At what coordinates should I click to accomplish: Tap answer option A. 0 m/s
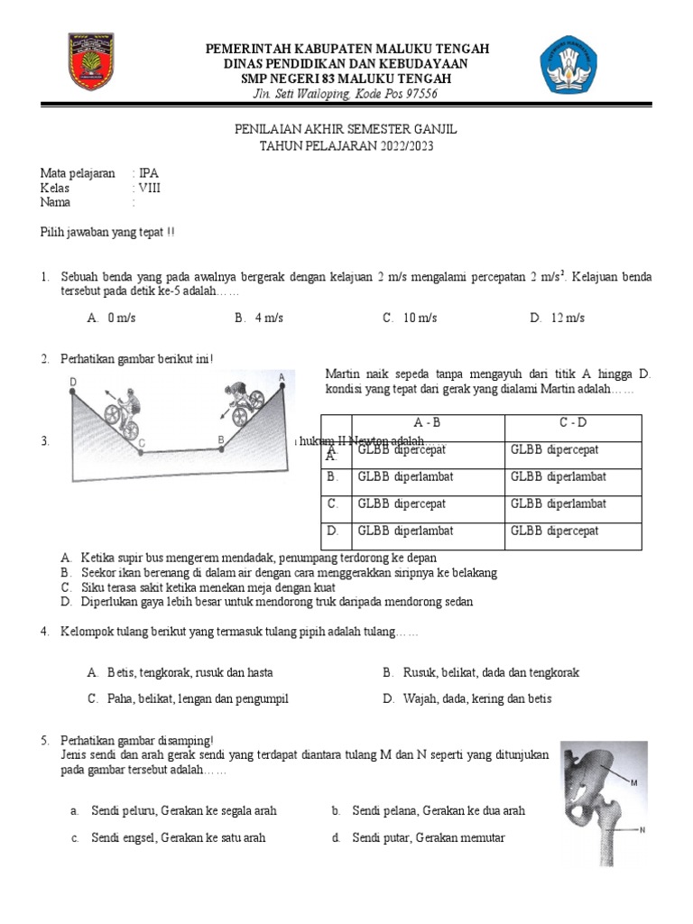(112, 318)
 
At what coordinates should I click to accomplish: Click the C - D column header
(572, 422)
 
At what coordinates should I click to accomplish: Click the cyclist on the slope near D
(122, 407)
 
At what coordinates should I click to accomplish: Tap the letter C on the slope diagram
(143, 443)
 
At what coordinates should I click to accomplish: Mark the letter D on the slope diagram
(73, 383)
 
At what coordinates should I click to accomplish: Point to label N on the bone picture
(642, 829)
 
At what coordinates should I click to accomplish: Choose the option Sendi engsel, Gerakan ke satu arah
(178, 837)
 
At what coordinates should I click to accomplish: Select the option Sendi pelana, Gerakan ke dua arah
(439, 810)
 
